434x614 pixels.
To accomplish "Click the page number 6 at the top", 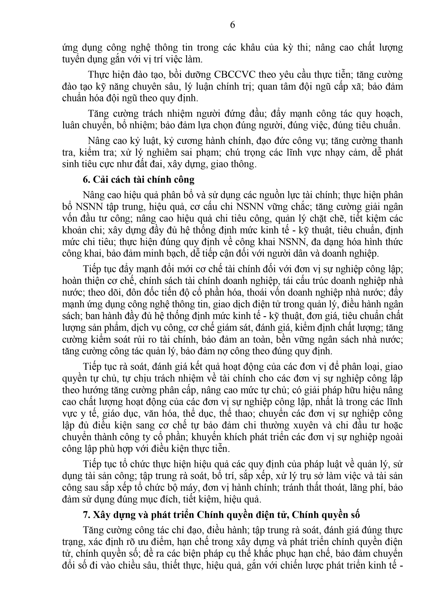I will pos(232,25).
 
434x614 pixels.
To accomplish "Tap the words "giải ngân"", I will pos(383,207).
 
